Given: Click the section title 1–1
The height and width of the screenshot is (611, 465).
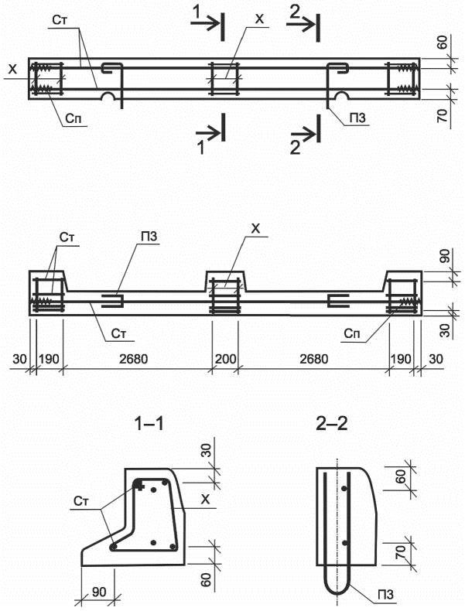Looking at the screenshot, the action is click(149, 424).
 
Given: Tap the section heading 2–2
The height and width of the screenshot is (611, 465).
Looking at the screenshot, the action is click(332, 424).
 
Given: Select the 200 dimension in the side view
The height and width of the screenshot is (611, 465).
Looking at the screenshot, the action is click(225, 359).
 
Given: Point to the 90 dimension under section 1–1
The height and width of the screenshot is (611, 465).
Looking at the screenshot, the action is click(98, 592).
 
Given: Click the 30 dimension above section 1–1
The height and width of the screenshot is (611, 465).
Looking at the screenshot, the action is click(207, 450).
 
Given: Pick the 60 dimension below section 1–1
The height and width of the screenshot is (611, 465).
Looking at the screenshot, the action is click(207, 579).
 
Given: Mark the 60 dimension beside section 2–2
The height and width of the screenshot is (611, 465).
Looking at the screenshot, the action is click(401, 476).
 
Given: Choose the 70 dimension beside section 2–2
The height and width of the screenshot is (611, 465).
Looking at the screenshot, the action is click(401, 552).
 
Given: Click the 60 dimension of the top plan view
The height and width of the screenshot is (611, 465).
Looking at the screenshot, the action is click(442, 43).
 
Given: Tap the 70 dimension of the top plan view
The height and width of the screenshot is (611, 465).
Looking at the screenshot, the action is click(442, 116).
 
